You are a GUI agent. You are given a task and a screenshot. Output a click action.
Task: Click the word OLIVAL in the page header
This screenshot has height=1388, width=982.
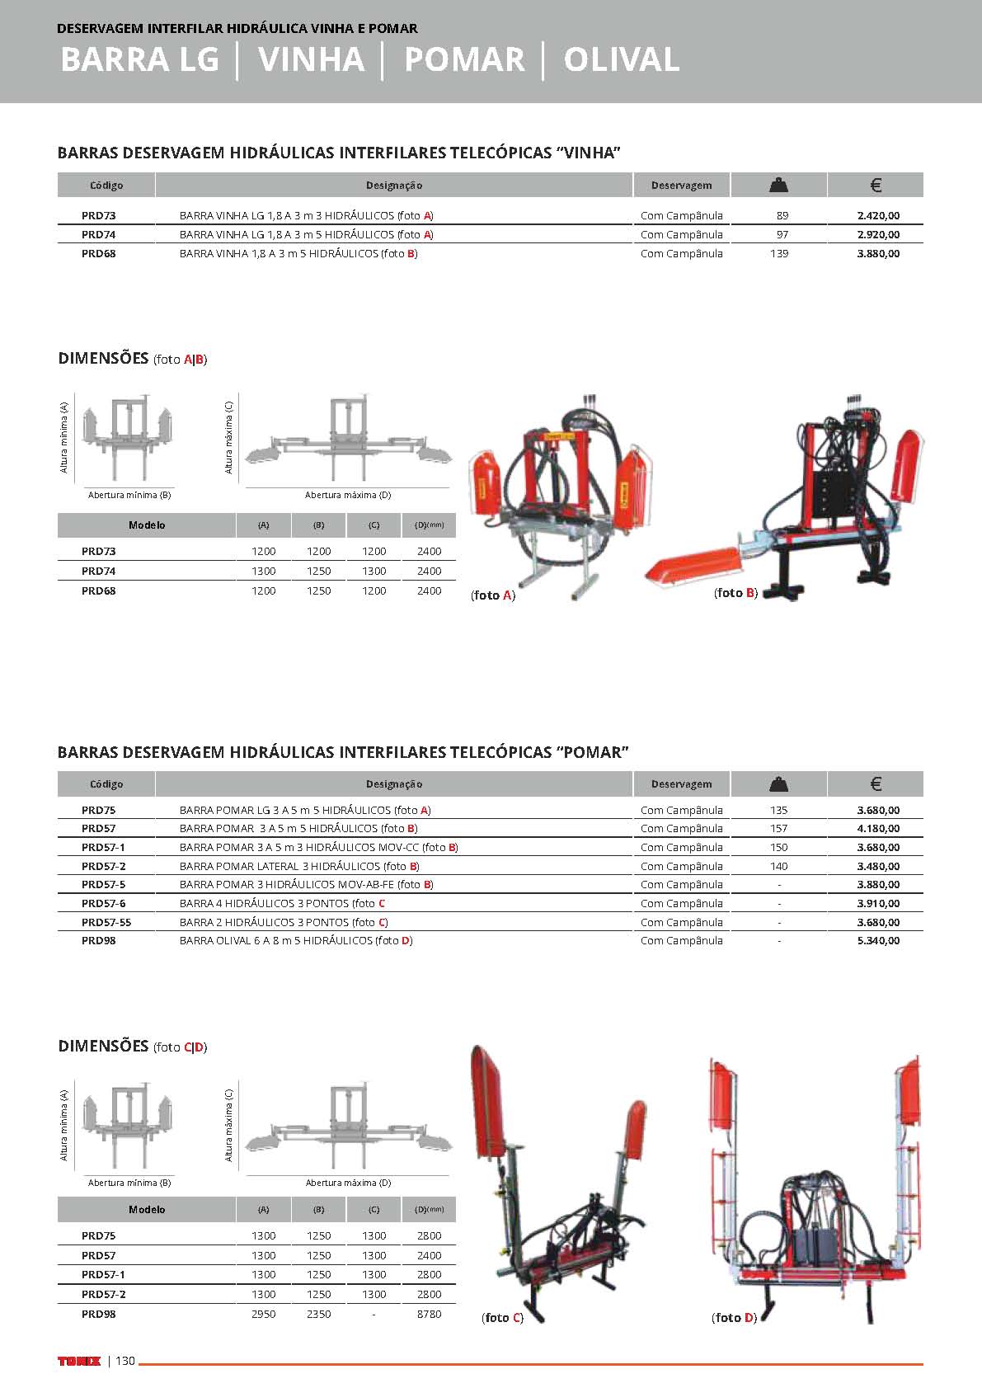pos(622,59)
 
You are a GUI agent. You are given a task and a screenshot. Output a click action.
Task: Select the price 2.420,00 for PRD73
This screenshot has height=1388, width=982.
pos(878,215)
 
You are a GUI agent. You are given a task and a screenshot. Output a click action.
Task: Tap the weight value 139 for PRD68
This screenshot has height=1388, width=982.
pos(779,253)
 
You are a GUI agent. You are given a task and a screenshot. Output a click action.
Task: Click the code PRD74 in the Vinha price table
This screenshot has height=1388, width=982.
pos(98,234)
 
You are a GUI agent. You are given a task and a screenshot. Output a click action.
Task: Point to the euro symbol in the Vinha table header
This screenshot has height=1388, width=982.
pos(876,185)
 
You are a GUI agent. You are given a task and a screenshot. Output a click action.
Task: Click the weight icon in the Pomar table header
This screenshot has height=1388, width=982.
pos(778,783)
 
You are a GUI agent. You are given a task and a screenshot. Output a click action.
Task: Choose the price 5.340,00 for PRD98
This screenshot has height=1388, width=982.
pos(878,940)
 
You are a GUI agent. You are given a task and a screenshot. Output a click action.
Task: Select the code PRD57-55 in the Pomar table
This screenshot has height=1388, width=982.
pos(106,922)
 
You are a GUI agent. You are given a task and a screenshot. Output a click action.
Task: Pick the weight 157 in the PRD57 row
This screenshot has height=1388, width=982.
pos(779,828)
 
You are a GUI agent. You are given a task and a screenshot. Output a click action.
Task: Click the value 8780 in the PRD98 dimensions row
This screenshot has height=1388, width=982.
pos(429,1314)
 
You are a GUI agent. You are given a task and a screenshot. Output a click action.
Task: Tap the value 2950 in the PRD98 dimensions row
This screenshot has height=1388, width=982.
pos(263,1314)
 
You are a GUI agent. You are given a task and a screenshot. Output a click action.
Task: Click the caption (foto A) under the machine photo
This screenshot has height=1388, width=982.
pos(493,595)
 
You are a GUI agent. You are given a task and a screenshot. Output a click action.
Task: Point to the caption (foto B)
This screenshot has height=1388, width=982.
pos(735,592)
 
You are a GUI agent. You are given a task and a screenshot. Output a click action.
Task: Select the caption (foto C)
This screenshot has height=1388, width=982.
pos(502,1317)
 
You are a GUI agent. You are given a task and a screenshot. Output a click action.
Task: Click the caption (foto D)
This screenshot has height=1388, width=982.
pos(734,1317)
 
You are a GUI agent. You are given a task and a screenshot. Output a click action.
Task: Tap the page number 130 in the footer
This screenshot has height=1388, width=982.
pos(125,1361)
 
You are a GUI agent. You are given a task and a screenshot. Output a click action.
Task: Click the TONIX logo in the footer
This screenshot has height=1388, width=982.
pos(79,1361)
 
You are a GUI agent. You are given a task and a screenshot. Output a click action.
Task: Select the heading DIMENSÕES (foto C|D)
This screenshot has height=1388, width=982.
pos(132,1046)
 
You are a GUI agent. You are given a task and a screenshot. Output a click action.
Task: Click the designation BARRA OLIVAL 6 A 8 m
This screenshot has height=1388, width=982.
pos(295,940)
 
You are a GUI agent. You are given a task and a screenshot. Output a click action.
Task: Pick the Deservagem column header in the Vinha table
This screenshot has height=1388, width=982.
pos(681,185)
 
